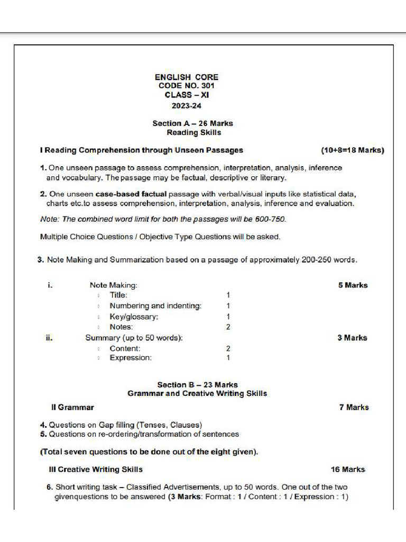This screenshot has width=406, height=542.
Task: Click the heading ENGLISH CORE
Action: click(x=186, y=77)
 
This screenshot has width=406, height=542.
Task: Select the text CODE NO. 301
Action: click(x=186, y=86)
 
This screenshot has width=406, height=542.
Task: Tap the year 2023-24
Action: click(x=186, y=105)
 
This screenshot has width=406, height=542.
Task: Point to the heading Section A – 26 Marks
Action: click(x=192, y=123)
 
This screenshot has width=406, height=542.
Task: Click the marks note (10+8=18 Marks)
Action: click(x=352, y=150)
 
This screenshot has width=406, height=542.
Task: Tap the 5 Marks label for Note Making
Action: click(x=353, y=285)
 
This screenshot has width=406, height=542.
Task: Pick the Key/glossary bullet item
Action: click(x=134, y=317)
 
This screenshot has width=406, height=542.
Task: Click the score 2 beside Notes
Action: click(x=228, y=327)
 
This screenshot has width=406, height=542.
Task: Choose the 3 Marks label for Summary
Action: click(x=352, y=338)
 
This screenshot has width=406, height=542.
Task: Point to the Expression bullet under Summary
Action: click(x=131, y=358)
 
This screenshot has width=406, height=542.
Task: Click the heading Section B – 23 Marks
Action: click(x=197, y=385)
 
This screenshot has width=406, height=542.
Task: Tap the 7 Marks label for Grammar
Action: click(x=354, y=408)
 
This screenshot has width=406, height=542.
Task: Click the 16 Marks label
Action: click(x=347, y=469)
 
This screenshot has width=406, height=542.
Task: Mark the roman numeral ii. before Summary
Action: click(x=49, y=338)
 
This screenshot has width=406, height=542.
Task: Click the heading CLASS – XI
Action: click(x=186, y=95)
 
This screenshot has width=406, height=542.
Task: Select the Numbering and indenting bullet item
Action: click(x=155, y=306)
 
